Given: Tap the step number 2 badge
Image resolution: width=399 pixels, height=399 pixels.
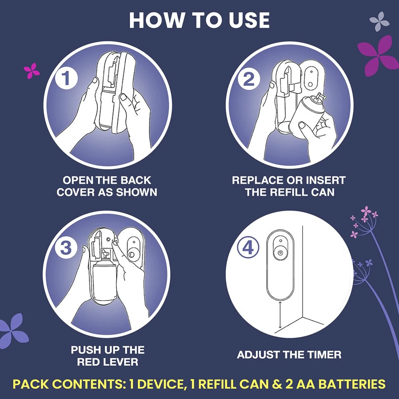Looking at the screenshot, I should (x=249, y=79).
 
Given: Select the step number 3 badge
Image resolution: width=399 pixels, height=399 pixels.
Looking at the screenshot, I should (x=66, y=248).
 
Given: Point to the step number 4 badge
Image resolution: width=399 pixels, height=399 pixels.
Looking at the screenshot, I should (x=248, y=248).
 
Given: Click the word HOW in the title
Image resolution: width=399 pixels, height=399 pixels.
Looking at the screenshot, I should (x=157, y=20).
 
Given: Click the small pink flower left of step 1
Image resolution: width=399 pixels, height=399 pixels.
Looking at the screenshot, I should (x=32, y=70).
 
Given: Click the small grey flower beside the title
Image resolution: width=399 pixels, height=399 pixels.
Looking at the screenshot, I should (x=379, y=21).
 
